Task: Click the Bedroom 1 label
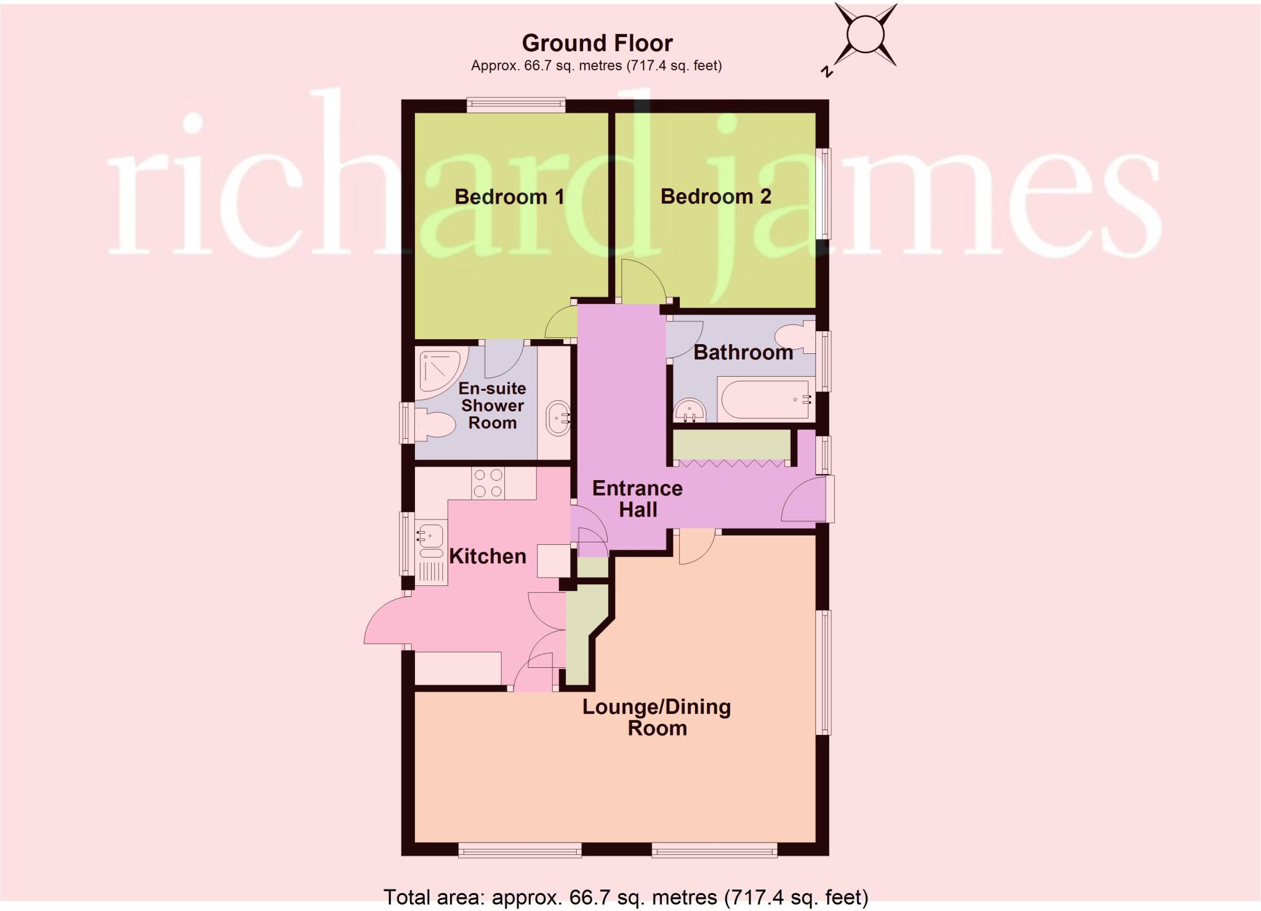pos(509,197)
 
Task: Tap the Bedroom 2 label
pos(715,196)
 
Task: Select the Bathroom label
pos(743,352)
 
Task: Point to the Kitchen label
pos(488,556)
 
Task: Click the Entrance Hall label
pos(638,499)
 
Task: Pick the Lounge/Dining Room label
pos(657,717)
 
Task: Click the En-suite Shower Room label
pos(493,406)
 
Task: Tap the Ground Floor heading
pos(597,43)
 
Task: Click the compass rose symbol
pos(864,34)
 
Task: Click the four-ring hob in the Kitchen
pos(488,483)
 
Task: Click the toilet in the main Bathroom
pos(794,337)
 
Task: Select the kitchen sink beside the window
pos(430,536)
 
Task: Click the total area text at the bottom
pos(626,897)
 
